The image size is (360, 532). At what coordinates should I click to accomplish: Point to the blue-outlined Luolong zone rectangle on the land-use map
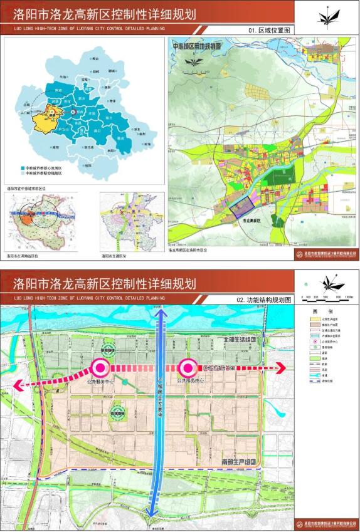[x=240, y=207]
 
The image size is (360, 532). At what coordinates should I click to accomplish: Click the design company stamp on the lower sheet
[x=326, y=522]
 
